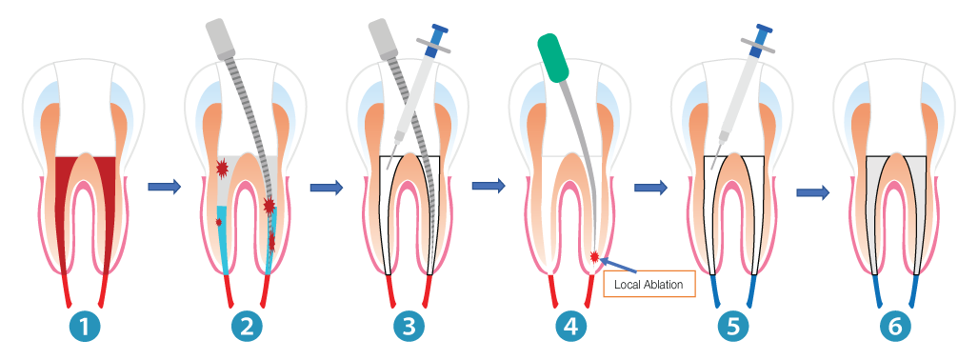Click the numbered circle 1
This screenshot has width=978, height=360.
pyautogui.click(x=87, y=327)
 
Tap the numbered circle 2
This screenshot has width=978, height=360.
pyautogui.click(x=248, y=327)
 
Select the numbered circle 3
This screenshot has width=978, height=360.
pyautogui.click(x=409, y=327)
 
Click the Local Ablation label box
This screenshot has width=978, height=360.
pyautogui.click(x=649, y=284)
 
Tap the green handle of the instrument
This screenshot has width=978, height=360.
pyautogui.click(x=552, y=58)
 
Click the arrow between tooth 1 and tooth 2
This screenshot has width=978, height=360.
pyautogui.click(x=164, y=188)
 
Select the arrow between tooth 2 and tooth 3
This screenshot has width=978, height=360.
pyautogui.click(x=327, y=188)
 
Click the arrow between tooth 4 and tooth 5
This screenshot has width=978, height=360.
pyautogui.click(x=650, y=188)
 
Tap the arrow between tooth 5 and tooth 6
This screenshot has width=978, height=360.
pyautogui.click(x=812, y=192)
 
